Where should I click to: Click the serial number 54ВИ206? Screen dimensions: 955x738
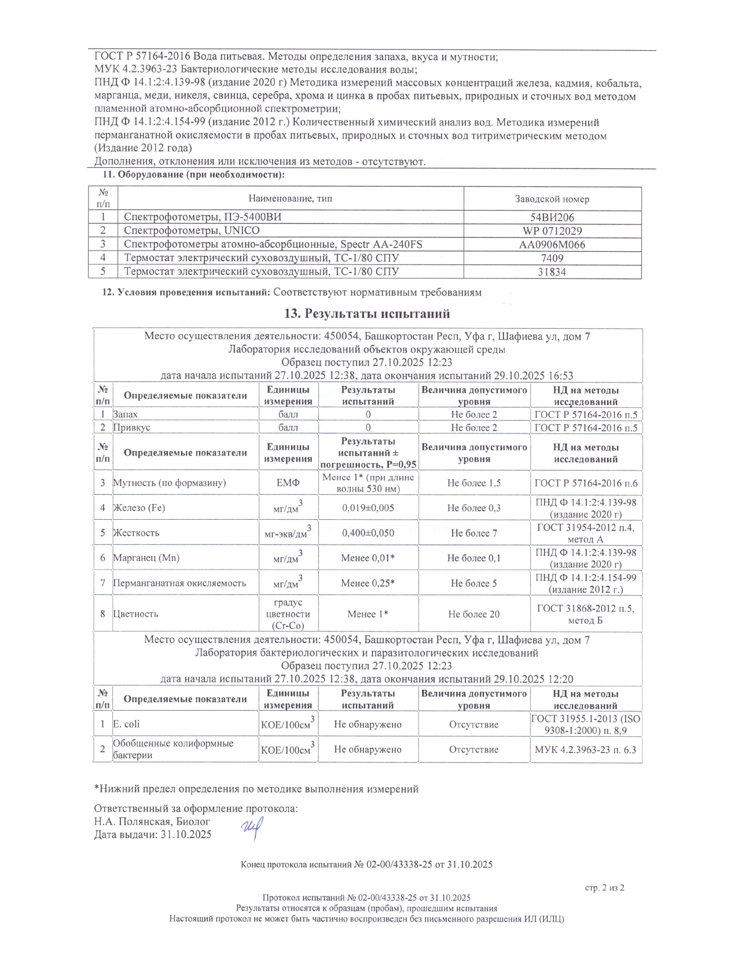[x=552, y=218]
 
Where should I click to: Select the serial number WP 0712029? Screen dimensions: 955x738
[x=552, y=231]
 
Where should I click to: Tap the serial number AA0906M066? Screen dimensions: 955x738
[x=552, y=245]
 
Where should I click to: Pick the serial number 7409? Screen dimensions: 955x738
[x=552, y=258]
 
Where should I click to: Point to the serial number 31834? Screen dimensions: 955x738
[x=552, y=272]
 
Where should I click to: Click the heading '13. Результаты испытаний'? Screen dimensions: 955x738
[x=367, y=314]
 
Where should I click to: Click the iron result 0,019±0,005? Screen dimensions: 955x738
[x=368, y=508]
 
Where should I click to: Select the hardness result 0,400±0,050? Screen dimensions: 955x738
[x=368, y=533]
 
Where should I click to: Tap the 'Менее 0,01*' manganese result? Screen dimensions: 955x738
[x=368, y=558]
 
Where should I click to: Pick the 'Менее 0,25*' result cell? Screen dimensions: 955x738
[x=368, y=583]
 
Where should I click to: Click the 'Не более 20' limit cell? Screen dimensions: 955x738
[x=473, y=614]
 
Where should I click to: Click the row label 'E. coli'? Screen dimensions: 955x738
[x=126, y=724]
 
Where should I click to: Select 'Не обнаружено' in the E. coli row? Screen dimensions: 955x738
[x=368, y=725]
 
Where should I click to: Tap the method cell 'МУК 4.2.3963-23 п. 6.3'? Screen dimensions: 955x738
[x=586, y=750]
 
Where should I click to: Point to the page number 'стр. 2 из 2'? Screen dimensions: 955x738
[x=605, y=887]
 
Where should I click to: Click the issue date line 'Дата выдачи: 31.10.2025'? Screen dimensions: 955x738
[x=153, y=835]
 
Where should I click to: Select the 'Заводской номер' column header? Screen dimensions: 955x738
[x=552, y=199]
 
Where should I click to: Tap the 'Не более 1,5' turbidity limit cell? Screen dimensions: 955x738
[x=473, y=483]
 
